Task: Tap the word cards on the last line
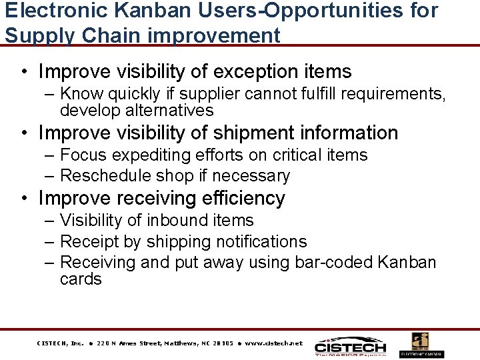[x=81, y=279]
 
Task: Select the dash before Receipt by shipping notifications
[x=51, y=241]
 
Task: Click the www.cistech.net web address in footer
[x=274, y=343]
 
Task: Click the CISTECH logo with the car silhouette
[x=350, y=345]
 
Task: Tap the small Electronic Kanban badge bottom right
[x=421, y=345]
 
